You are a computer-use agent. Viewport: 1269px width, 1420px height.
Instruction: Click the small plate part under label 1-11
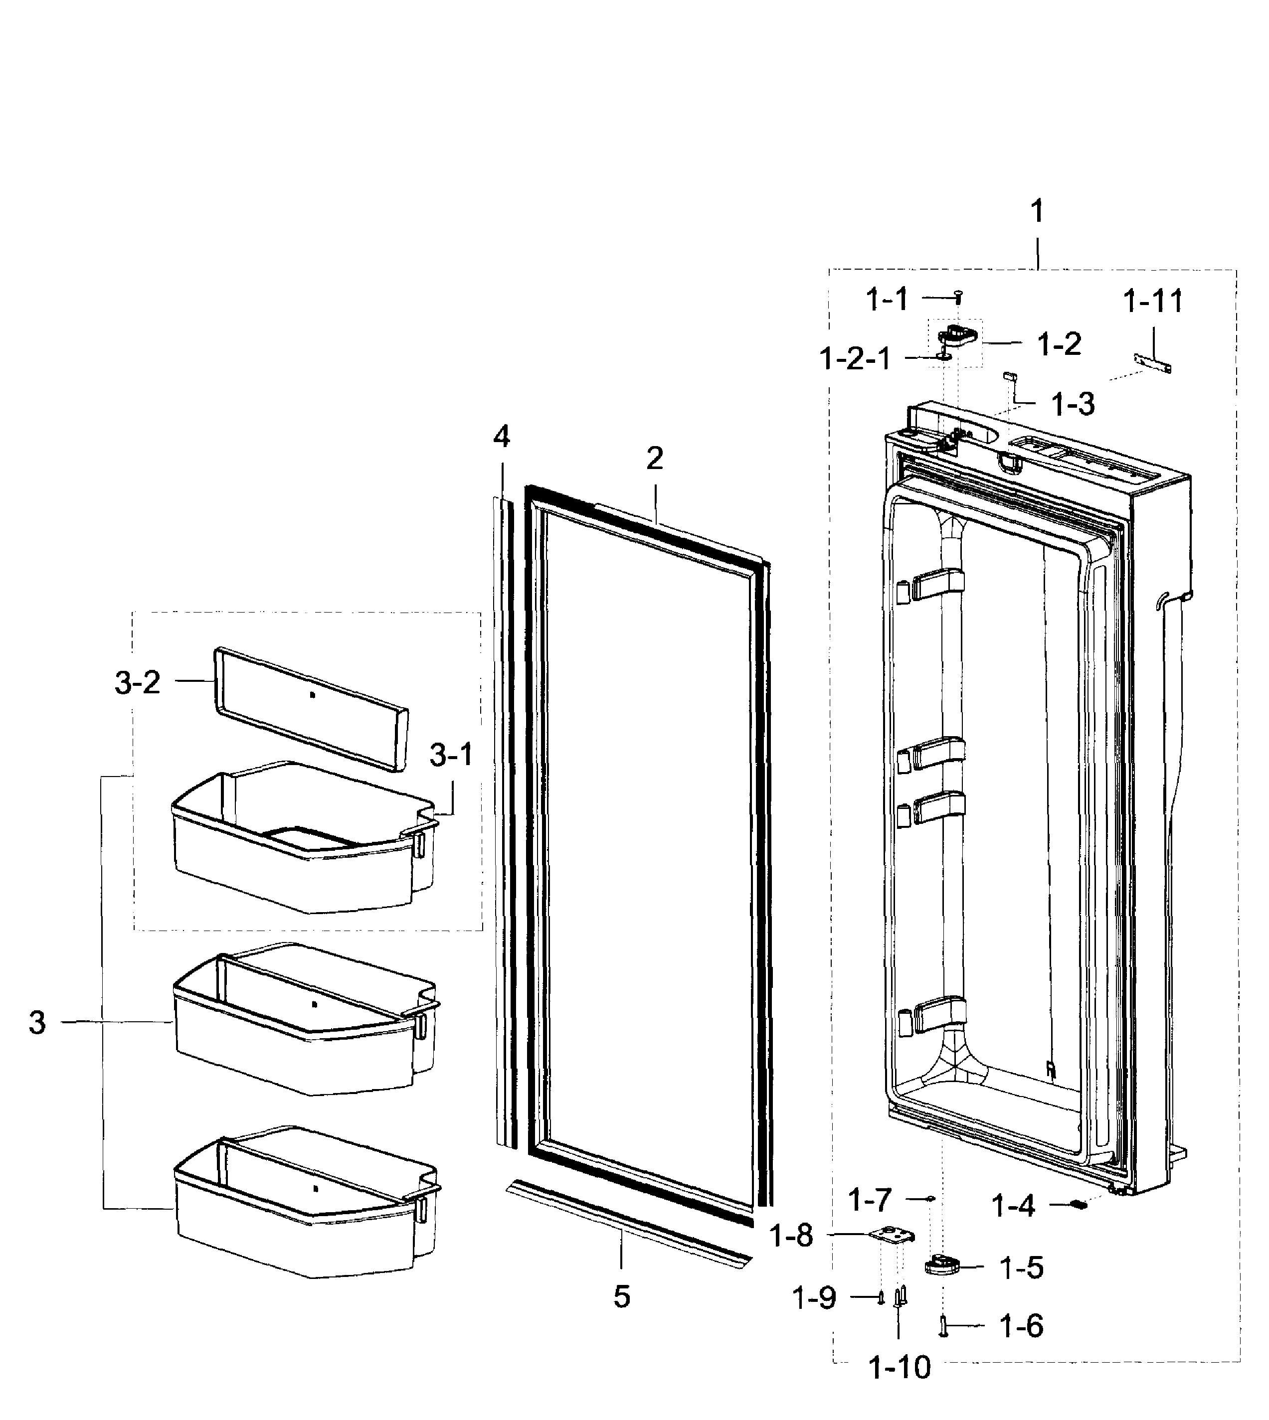(x=1152, y=363)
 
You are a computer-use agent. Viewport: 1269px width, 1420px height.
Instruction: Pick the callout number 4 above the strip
(x=501, y=437)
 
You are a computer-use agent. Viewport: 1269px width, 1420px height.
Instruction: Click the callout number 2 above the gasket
(x=654, y=459)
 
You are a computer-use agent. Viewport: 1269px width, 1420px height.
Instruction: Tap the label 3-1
(x=451, y=755)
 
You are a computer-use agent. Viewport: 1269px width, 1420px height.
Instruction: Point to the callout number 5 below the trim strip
(x=621, y=1296)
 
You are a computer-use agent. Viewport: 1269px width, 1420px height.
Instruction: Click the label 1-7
(x=870, y=1200)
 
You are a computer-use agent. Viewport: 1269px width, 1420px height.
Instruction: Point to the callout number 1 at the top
(x=1037, y=211)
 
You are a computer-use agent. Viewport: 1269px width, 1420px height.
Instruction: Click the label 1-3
(x=1073, y=404)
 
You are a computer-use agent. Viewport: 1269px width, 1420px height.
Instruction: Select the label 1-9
(x=814, y=1298)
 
